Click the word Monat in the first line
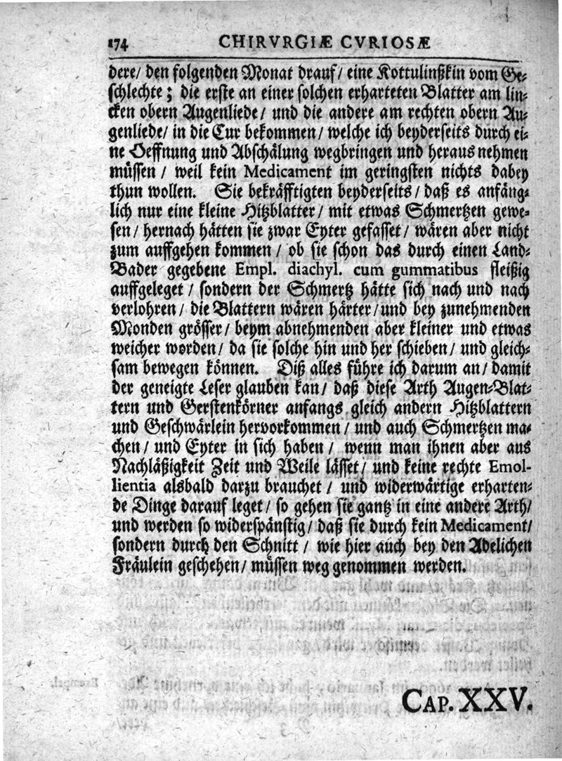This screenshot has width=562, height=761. [x=250, y=70]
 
